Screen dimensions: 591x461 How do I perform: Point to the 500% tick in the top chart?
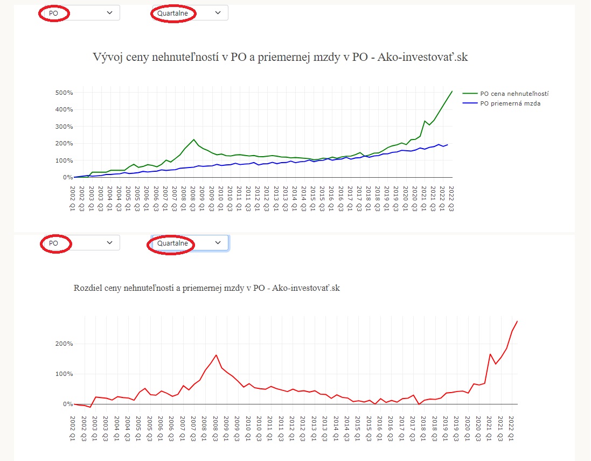pyautogui.click(x=64, y=93)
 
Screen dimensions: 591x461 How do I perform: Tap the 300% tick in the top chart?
pyautogui.click(x=64, y=127)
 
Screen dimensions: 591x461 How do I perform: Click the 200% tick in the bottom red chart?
pyautogui.click(x=64, y=344)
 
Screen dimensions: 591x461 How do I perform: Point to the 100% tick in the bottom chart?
pyautogui.click(x=64, y=374)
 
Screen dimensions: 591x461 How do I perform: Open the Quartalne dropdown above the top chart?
pyautogui.click(x=190, y=13)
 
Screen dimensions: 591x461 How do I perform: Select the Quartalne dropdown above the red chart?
pyautogui.click(x=190, y=243)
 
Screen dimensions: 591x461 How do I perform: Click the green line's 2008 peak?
pyautogui.click(x=193, y=139)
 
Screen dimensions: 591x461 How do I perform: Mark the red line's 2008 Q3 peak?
pyautogui.click(x=216, y=355)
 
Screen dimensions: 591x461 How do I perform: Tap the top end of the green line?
pyautogui.click(x=453, y=91)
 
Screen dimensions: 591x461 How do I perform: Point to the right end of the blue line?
pyautogui.click(x=447, y=145)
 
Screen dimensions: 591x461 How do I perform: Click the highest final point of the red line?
pyautogui.click(x=517, y=322)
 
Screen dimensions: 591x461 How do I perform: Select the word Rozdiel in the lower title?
pyautogui.click(x=86, y=288)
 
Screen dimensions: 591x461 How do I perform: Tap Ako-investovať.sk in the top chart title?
pyautogui.click(x=422, y=57)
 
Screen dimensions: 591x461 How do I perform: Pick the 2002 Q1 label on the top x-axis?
pyautogui.click(x=72, y=199)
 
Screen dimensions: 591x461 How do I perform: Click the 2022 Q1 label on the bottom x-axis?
pyautogui.click(x=511, y=429)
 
